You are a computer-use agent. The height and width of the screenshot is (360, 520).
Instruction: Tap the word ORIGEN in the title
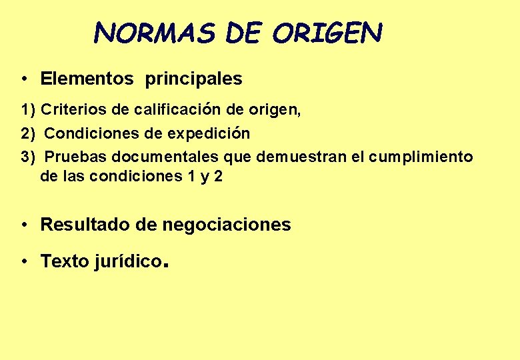[x=327, y=32]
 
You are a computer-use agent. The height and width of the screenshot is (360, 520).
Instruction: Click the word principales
[x=194, y=79]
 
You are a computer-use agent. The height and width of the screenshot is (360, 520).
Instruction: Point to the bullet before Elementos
[x=23, y=79]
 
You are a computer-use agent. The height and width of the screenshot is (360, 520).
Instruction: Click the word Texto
[x=65, y=261]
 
